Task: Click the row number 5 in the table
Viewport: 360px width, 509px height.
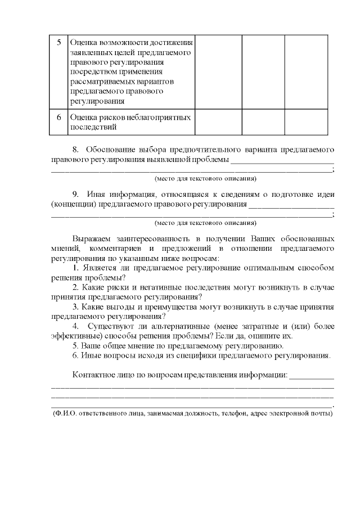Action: [59, 42]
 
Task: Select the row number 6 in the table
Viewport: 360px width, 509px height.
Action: [59, 118]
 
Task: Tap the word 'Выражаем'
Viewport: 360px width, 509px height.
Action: [91, 237]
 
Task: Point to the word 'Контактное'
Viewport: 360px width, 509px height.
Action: [96, 375]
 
